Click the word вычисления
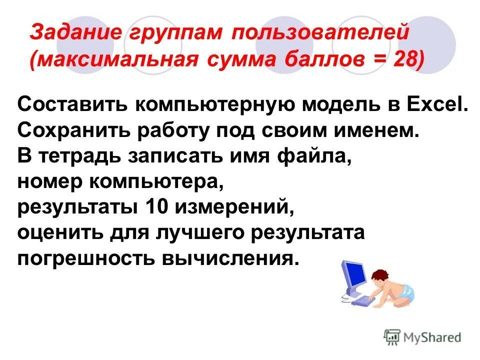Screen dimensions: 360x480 click(x=225, y=257)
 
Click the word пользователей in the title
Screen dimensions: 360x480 click(x=320, y=32)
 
